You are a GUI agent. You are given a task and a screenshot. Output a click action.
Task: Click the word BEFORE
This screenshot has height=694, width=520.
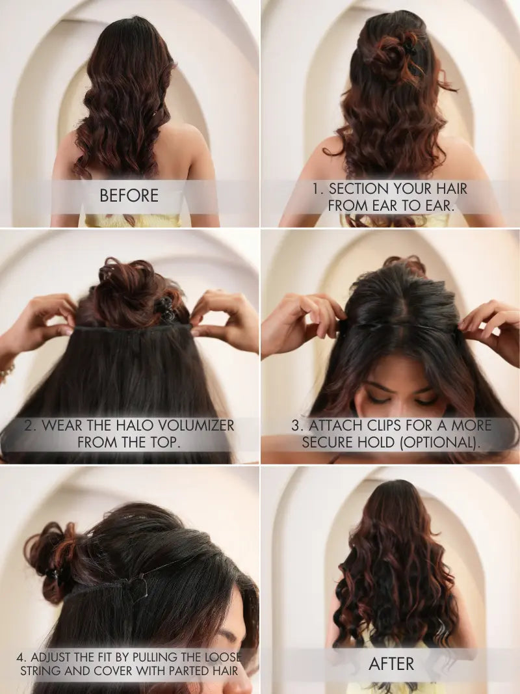pyautogui.click(x=129, y=195)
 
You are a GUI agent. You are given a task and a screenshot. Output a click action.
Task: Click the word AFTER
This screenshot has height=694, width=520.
pyautogui.click(x=391, y=663)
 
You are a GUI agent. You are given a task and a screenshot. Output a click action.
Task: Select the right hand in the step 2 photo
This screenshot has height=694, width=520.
pyautogui.click(x=224, y=319)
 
